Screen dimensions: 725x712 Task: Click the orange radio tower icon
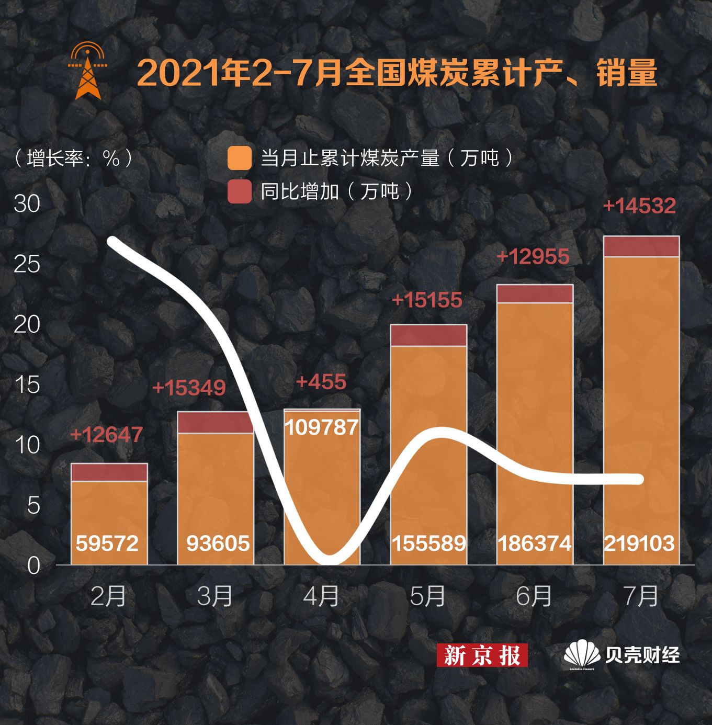click(87, 71)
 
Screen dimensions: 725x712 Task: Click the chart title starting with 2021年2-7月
click(397, 73)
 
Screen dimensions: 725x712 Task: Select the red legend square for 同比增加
click(240, 191)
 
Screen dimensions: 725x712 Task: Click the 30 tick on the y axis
click(27, 203)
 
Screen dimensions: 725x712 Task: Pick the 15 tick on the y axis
click(27, 385)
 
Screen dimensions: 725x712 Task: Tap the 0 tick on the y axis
click(33, 565)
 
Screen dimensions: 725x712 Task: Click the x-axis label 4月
click(321, 596)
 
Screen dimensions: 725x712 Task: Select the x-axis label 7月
click(641, 596)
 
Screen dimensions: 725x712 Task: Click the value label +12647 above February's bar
click(106, 435)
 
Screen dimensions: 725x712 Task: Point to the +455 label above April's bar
click(321, 382)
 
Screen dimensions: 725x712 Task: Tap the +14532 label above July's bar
click(639, 206)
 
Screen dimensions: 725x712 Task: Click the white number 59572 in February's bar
click(107, 543)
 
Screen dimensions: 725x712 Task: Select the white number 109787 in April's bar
click(322, 427)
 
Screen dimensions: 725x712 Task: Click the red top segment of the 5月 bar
click(428, 335)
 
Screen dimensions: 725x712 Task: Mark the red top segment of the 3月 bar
click(215, 423)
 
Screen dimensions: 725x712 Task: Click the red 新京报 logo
click(482, 655)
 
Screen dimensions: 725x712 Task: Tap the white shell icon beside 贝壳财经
click(581, 654)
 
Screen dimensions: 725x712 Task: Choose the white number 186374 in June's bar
click(535, 543)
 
